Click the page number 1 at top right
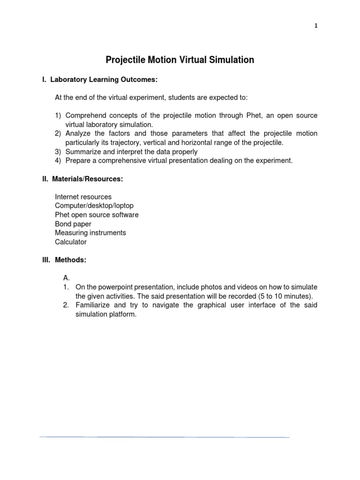click(315, 26)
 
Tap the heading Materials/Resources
click(87, 179)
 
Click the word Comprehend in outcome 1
click(85, 115)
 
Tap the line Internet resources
click(83, 197)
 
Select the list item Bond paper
click(73, 224)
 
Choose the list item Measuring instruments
click(90, 233)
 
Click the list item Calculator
click(71, 242)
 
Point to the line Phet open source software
click(97, 215)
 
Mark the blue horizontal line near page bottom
click(164, 437)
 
